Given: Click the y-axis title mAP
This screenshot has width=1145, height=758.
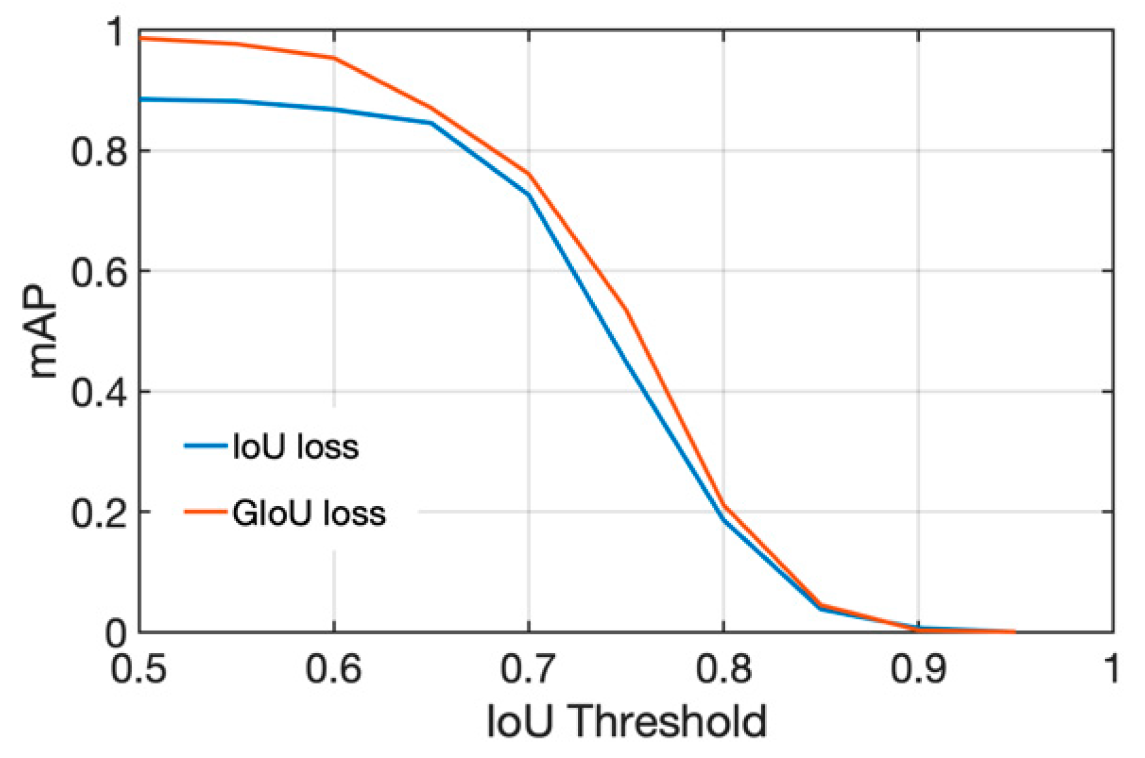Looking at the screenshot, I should (x=43, y=332).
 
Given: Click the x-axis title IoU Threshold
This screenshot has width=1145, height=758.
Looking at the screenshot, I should (x=626, y=721).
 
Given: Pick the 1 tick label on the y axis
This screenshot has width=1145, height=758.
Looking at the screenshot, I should (x=116, y=32).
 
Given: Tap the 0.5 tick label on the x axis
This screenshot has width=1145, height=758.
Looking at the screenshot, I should (x=138, y=668).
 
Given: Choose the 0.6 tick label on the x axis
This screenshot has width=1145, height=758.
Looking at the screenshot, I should (x=333, y=668).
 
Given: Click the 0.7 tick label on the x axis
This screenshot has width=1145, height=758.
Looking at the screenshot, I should (x=528, y=668).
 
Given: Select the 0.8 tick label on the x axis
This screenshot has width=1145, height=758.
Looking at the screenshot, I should (x=723, y=668).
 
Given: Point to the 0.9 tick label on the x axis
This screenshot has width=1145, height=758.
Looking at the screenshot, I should (x=918, y=668).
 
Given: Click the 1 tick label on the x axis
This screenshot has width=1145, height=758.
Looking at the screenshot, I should (x=1111, y=668).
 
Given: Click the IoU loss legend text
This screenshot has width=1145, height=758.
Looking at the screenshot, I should (x=295, y=447).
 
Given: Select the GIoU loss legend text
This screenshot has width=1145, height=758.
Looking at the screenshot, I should (x=309, y=513).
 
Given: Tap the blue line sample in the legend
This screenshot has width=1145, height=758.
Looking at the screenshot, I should (x=205, y=446).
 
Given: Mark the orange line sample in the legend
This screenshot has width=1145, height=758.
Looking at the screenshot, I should (x=205, y=512).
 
